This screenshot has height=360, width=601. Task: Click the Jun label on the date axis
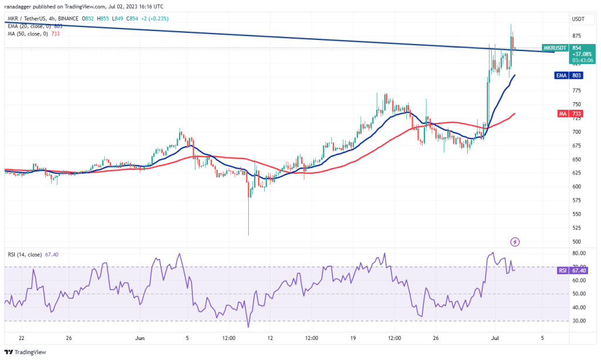[x=140, y=338]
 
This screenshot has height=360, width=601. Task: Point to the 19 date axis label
[x=353, y=338]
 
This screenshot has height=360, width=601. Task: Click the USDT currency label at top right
[x=578, y=19]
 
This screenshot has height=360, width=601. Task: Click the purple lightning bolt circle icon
[x=515, y=241]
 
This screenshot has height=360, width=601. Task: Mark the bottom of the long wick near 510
[x=248, y=235]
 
